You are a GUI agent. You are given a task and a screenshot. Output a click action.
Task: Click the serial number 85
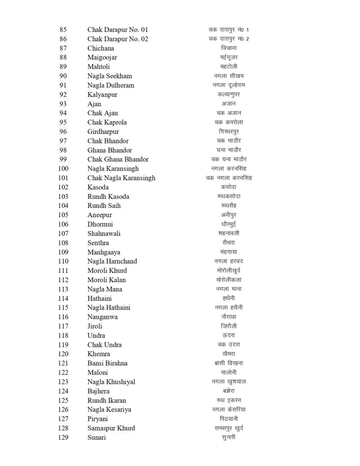coord(63,30)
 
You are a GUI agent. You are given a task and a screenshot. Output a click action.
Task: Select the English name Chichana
coord(101,48)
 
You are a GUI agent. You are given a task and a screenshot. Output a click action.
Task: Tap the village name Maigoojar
coord(102,57)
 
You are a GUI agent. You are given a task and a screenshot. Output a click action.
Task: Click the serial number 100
coord(63,168)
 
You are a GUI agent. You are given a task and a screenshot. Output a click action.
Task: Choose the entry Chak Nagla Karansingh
coord(121,178)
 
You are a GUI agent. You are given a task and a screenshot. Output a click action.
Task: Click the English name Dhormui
coord(100,224)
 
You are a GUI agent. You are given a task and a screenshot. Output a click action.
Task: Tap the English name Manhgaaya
coord(104,252)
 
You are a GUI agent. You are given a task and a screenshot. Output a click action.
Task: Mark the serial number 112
coord(63,279)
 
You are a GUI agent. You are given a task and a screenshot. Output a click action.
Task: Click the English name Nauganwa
coord(102,317)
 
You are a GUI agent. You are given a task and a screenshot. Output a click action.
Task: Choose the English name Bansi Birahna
coord(107,363)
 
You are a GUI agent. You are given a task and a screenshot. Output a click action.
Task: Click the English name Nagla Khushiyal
coord(111,381)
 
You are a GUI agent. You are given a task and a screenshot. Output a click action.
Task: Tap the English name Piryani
coord(97,418)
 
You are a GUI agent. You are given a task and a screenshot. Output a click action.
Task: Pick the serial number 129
coord(63,437)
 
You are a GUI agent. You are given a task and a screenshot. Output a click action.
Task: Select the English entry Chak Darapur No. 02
coord(117,39)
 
